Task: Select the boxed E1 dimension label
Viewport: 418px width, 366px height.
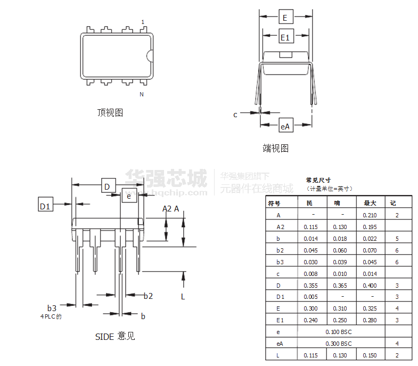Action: (286, 36)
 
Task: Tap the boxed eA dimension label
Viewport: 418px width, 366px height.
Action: (286, 125)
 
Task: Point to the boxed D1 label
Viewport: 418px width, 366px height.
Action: (46, 205)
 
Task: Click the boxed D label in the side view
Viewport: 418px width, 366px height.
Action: (109, 185)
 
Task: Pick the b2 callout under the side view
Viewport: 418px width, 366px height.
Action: (148, 296)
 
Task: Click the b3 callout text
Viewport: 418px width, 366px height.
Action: (52, 308)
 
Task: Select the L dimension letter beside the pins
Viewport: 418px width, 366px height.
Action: (183, 297)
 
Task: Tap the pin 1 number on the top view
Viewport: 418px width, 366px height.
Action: (143, 22)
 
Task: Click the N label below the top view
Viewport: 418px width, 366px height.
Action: (142, 94)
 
